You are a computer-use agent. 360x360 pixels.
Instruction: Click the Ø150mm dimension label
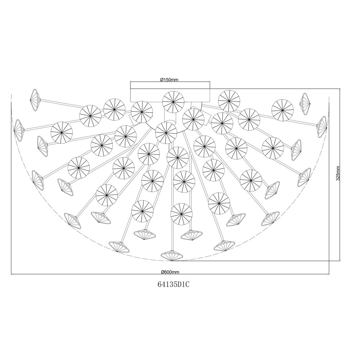[x=170, y=80]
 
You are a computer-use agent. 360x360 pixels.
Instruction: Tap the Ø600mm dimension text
[x=170, y=272]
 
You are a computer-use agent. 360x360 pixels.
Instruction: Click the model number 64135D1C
[x=174, y=284]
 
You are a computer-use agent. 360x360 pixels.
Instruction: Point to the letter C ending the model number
[x=187, y=284]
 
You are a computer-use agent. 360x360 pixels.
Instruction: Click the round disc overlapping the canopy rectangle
[x=174, y=102]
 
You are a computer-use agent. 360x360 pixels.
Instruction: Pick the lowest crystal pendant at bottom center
[x=172, y=256]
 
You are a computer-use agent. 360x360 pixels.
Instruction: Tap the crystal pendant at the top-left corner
[x=36, y=100]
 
